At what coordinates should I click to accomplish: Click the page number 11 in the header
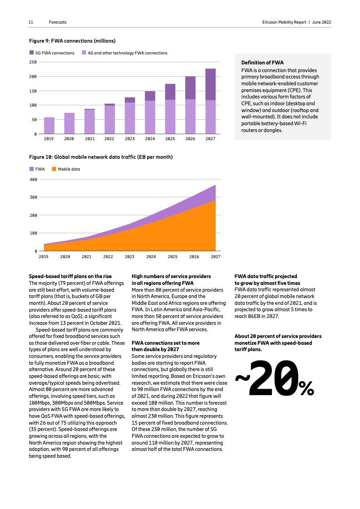coord(31,22)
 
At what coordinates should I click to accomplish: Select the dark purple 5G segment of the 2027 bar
coord(210,84)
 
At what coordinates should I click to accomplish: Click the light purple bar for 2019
coord(49,126)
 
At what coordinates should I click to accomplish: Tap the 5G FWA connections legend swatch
coord(32,53)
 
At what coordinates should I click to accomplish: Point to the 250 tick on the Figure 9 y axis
coord(33,62)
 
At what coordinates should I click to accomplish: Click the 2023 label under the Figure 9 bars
coord(130,139)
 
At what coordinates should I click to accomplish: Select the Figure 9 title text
coord(72,41)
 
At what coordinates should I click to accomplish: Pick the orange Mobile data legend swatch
coord(54,169)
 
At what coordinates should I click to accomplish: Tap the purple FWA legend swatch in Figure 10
coord(32,169)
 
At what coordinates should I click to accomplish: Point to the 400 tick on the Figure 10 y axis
coord(33,179)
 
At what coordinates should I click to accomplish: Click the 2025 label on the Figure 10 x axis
coord(173,256)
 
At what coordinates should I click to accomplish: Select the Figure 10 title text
coord(101,157)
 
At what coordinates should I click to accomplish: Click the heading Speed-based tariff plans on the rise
coord(70,276)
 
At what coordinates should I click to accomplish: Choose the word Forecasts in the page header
coord(58,22)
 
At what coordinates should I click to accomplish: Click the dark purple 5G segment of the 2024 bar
coord(150,96)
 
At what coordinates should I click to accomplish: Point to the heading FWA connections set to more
coord(165,343)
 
